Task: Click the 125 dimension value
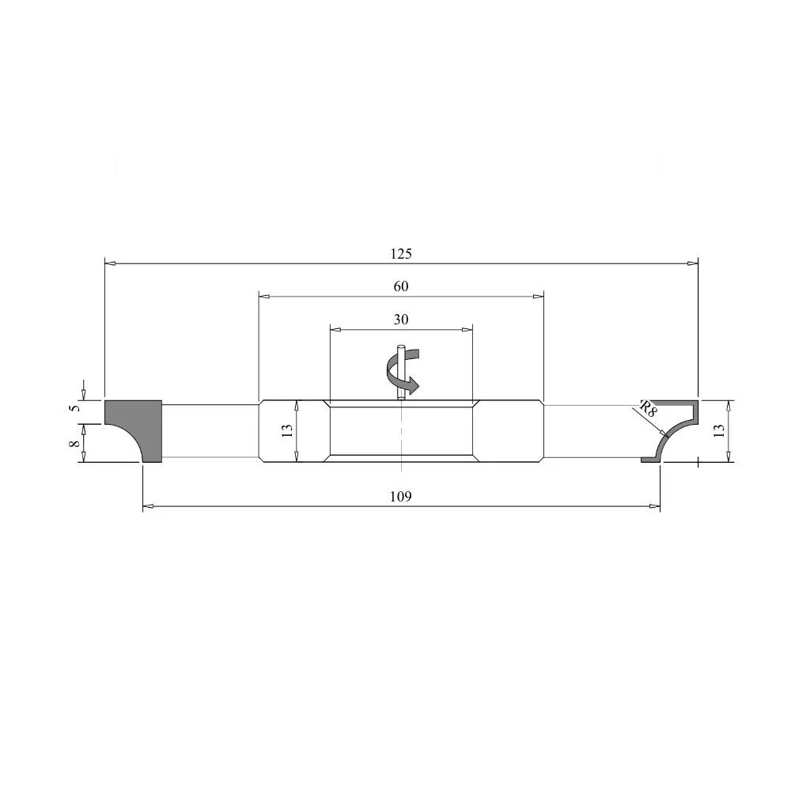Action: [401, 254]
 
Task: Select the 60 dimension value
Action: [401, 286]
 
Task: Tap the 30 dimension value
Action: [401, 320]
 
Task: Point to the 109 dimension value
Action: [401, 497]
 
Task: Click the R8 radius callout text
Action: [648, 408]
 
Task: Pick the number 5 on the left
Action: [75, 408]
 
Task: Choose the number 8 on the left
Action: [75, 443]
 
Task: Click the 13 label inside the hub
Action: [287, 430]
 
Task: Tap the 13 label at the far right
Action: [718, 430]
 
